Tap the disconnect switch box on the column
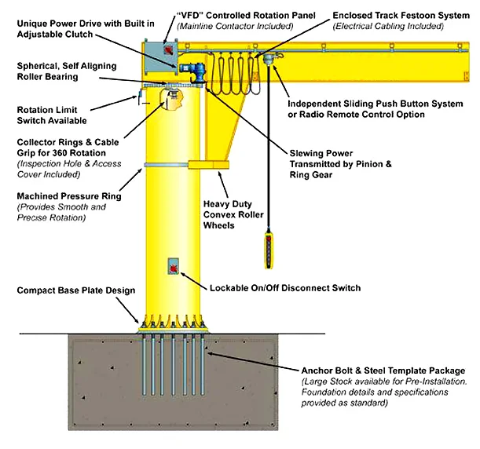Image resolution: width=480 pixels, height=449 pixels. click(172, 268)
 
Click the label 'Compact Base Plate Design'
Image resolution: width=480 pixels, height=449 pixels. click(76, 290)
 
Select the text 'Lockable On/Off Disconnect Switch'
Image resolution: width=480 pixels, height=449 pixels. click(285, 288)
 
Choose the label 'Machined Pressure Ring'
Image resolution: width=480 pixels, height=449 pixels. click(69, 196)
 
